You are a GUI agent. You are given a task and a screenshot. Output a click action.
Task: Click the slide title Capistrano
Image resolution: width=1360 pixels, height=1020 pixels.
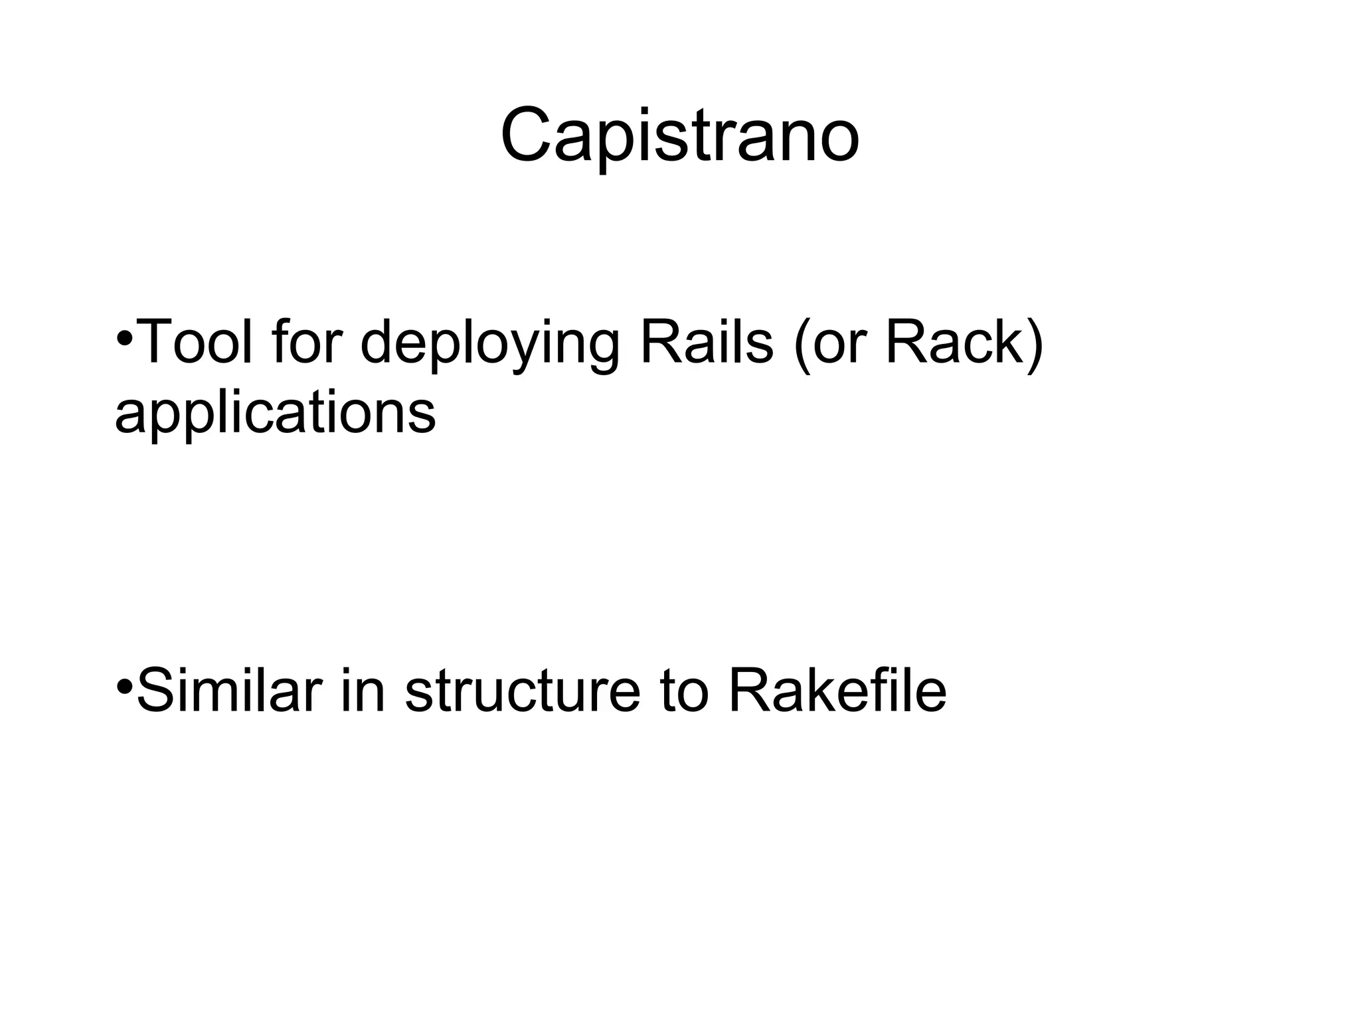679,137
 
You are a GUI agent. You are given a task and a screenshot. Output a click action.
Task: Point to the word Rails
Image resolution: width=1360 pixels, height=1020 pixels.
707,343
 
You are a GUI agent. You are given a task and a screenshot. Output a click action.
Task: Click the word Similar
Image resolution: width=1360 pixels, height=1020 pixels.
229,691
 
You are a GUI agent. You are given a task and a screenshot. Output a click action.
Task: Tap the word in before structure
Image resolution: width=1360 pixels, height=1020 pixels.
363,691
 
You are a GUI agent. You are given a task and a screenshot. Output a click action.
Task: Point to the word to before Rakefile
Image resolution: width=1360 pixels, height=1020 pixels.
683,693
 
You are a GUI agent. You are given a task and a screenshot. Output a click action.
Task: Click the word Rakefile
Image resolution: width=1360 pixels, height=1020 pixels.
837,691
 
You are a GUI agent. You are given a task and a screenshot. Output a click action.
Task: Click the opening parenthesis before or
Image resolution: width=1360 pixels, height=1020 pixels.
803,345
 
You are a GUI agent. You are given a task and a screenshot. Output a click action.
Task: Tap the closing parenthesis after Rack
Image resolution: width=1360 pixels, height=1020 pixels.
1035,345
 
